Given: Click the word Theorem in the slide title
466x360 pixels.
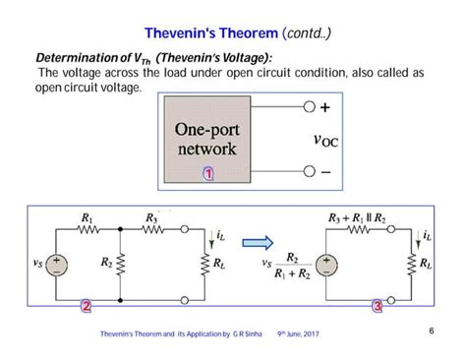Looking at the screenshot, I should coord(238,34).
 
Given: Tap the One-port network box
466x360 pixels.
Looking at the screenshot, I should coord(205,139).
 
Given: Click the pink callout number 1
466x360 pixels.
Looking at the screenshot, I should coord(208,174).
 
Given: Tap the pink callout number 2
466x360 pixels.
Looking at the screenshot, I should coord(87,307).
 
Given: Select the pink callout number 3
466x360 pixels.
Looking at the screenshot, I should coord(378,307).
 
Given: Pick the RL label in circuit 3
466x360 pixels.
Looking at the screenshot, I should coord(425,264).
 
